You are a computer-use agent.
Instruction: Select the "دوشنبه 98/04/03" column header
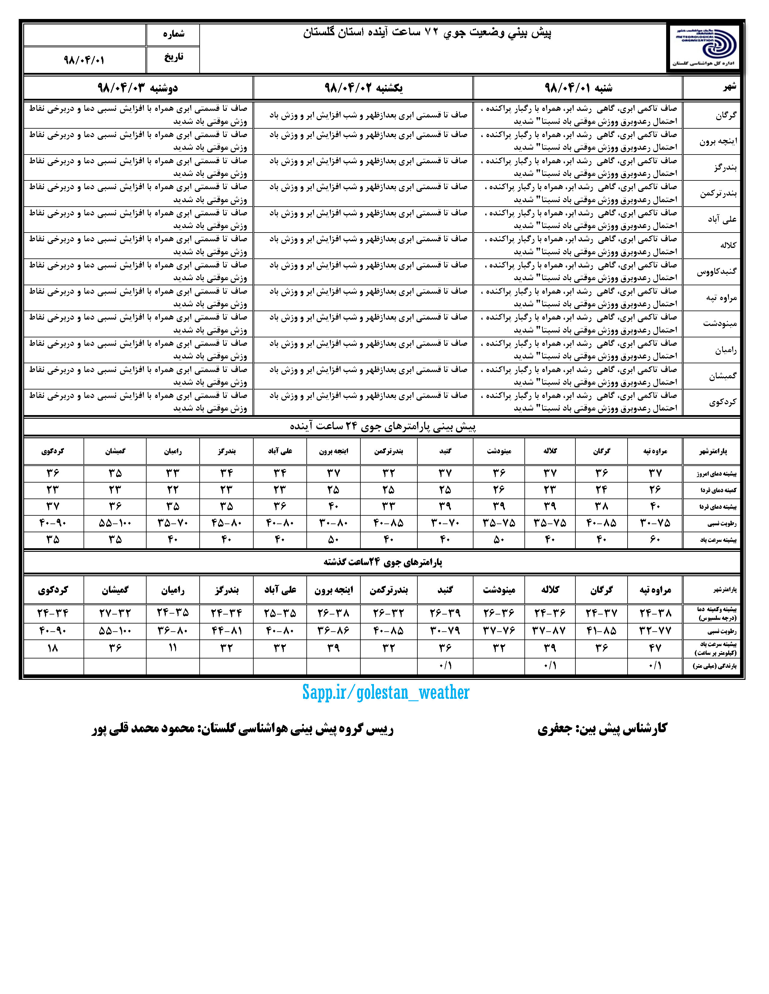point(138,87)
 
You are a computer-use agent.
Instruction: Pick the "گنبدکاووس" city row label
point(716,272)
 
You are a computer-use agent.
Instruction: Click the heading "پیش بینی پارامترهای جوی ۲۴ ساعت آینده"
point(383,427)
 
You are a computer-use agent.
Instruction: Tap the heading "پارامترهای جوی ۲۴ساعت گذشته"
point(383,562)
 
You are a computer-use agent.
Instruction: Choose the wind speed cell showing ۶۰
point(655,540)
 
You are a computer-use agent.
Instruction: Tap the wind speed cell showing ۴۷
point(655,648)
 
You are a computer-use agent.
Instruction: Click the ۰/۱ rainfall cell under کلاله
point(550,666)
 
